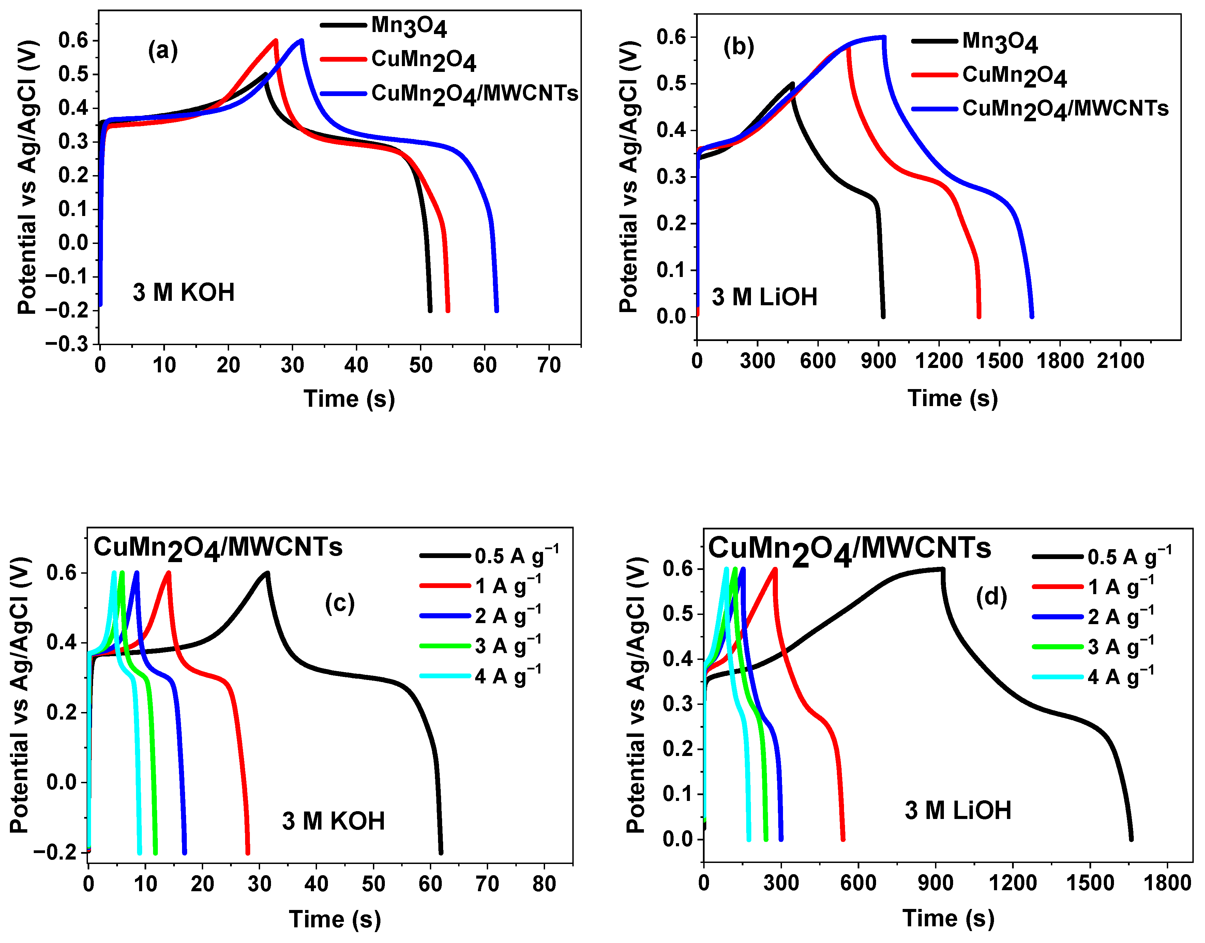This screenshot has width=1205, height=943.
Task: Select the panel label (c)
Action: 339,603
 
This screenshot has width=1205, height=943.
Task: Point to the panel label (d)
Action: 991,597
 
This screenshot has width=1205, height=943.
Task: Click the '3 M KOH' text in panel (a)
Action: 183,293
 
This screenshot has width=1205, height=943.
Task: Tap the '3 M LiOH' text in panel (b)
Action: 764,297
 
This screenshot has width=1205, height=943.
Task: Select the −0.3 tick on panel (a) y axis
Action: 74,344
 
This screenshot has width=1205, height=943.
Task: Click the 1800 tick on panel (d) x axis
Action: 1166,883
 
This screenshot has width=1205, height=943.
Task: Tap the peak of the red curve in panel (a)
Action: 276,40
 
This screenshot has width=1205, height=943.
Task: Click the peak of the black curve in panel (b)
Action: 792,84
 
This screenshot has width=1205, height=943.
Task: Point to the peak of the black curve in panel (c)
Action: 267,573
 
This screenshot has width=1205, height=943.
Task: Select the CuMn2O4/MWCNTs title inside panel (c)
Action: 218,548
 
